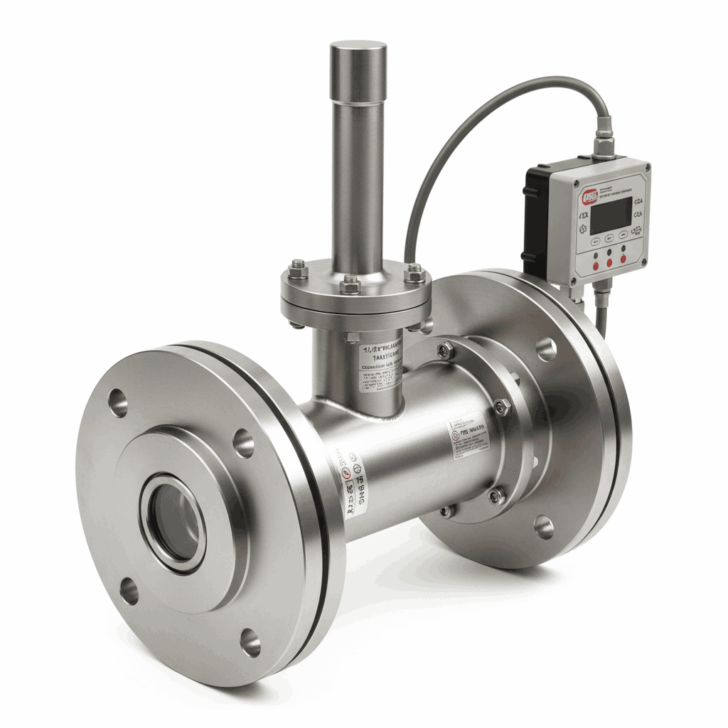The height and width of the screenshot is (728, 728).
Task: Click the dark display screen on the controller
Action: tap(610, 215)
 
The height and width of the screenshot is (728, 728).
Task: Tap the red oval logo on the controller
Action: tap(590, 197)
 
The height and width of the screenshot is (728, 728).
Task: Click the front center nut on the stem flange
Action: tap(350, 285)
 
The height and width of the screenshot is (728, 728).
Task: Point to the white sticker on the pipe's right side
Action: tap(467, 436)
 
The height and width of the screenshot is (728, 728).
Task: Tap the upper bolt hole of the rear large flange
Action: tap(545, 348)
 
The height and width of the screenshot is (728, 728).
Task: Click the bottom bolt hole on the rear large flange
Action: tap(544, 527)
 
